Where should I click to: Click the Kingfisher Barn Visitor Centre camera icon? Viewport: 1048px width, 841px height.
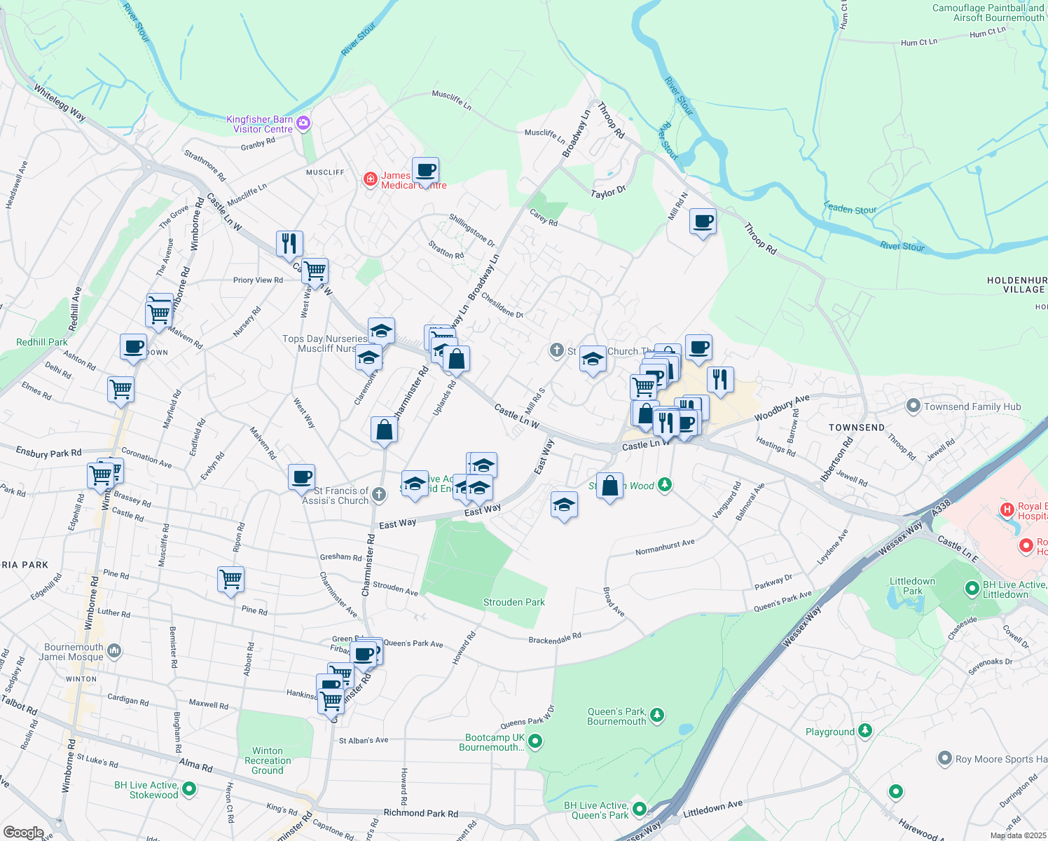(x=303, y=123)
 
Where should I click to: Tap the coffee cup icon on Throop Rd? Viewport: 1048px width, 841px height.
(x=703, y=222)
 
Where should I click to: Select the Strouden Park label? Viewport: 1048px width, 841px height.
(x=513, y=602)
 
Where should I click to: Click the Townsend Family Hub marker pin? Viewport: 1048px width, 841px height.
(x=913, y=406)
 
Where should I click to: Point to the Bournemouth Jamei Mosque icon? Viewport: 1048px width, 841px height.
(x=114, y=651)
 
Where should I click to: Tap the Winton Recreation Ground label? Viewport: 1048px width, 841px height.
(x=268, y=760)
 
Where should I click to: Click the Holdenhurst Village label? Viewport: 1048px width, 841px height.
(x=1016, y=285)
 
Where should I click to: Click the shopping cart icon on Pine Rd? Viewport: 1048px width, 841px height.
(x=230, y=580)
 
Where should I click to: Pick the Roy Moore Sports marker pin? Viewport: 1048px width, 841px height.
(x=944, y=759)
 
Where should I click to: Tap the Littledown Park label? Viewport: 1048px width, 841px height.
(x=912, y=586)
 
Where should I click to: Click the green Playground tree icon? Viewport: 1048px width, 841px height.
(x=866, y=731)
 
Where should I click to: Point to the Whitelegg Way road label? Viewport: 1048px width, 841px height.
(x=60, y=102)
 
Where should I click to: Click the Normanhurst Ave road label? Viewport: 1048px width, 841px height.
(x=665, y=547)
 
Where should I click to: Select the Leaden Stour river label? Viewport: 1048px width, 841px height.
(x=850, y=208)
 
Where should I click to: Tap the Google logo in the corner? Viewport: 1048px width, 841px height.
(x=23, y=832)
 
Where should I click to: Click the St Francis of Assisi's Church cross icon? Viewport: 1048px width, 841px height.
(x=378, y=495)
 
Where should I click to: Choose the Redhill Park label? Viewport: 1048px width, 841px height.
(x=42, y=342)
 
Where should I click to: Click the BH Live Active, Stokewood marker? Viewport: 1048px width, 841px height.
(x=189, y=789)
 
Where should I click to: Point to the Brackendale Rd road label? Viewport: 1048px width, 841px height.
(x=555, y=638)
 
